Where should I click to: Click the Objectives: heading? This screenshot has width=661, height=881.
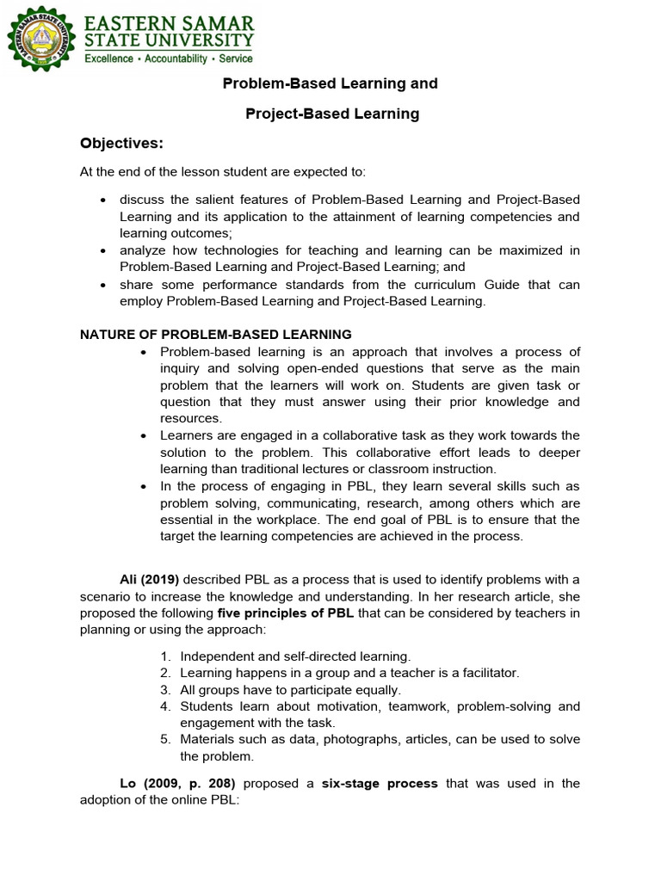(121, 143)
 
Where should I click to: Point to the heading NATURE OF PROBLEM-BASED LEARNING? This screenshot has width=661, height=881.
(216, 334)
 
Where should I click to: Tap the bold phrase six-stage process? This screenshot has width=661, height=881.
(380, 783)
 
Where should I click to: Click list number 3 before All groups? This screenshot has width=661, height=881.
(165, 690)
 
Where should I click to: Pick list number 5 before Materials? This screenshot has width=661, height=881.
(165, 739)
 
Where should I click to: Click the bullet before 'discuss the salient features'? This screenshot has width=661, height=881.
(103, 200)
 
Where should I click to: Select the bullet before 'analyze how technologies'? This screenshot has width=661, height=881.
(103, 251)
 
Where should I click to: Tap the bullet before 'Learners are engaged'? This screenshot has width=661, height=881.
(144, 436)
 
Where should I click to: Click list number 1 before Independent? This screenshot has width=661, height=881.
(165, 656)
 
